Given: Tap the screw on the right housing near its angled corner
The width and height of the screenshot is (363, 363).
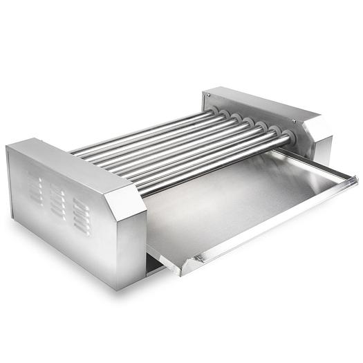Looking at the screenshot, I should (295, 120).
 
